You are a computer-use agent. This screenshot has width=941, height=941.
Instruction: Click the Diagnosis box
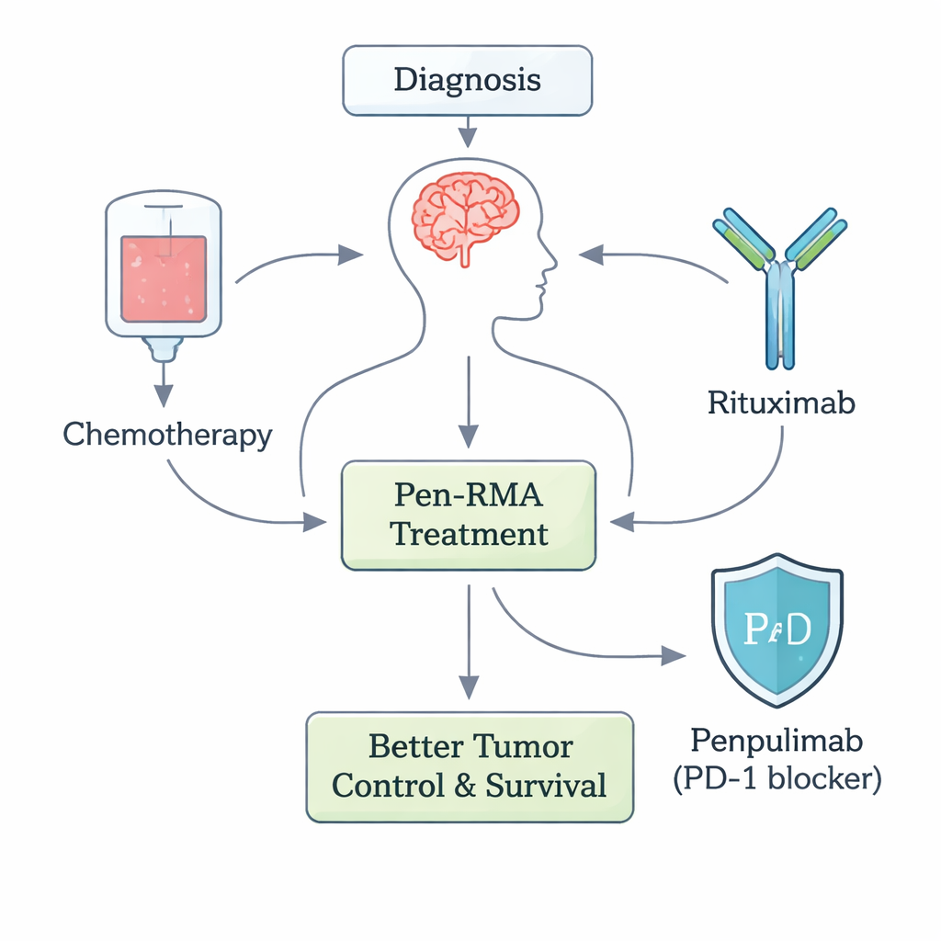(467, 81)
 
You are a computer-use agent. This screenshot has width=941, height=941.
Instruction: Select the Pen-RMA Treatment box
(469, 516)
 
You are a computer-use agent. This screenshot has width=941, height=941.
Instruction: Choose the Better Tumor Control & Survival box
(469, 766)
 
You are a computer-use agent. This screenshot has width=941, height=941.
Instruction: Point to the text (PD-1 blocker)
(777, 779)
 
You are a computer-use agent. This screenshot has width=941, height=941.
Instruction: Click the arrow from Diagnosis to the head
(468, 131)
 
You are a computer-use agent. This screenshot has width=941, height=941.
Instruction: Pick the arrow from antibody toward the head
(652, 256)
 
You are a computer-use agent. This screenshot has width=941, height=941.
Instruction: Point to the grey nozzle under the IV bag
(163, 346)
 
